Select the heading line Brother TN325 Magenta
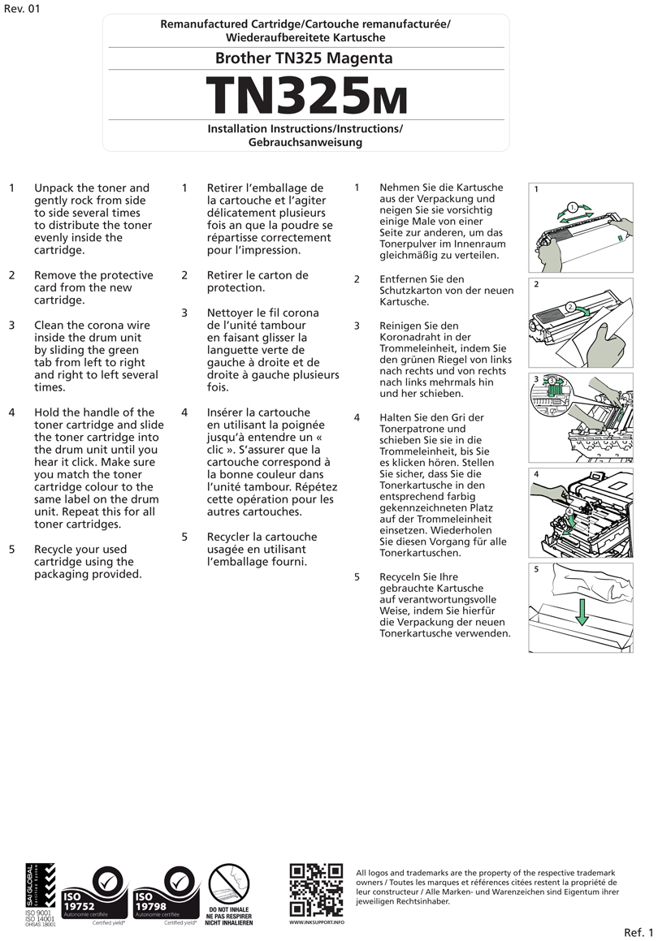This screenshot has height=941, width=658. point(304,58)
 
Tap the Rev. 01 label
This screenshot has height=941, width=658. point(21,9)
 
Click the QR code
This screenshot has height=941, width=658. point(316,890)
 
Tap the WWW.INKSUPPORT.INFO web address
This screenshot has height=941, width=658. point(317,922)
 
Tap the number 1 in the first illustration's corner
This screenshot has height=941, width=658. point(536,189)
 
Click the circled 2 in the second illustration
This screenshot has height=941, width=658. point(571,307)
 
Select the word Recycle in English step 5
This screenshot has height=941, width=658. point(57,550)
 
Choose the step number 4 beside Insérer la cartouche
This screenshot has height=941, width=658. point(184,412)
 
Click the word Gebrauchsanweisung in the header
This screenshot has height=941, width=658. point(305,142)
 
